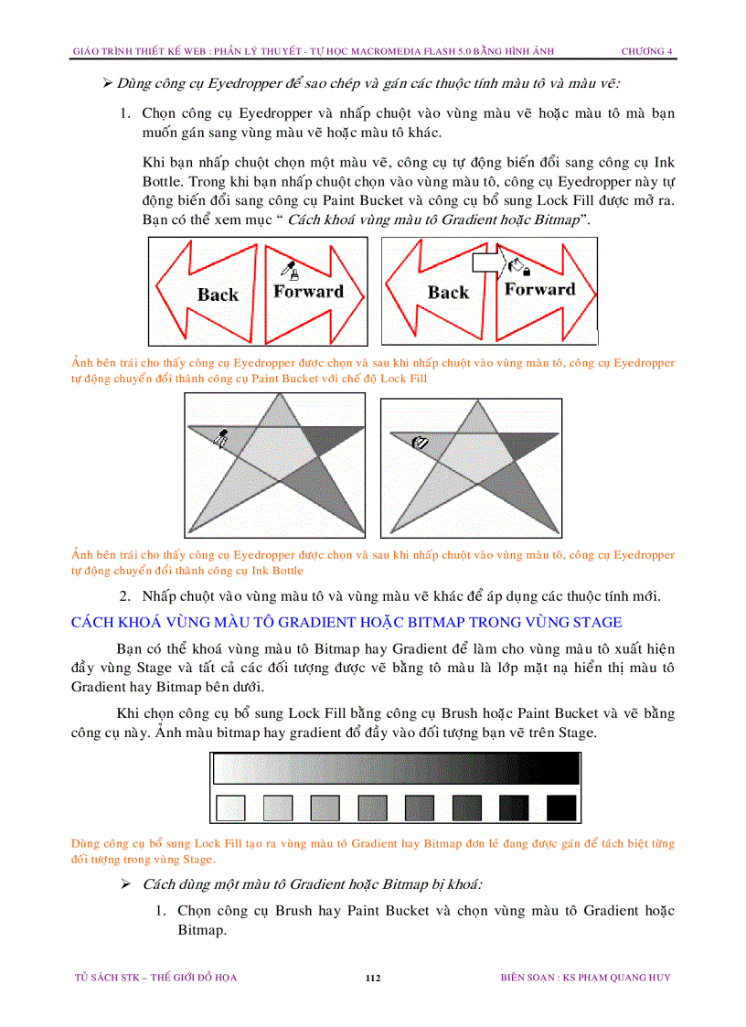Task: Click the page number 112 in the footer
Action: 372,978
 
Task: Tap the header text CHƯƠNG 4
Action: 646,51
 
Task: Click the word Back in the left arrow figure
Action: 218,294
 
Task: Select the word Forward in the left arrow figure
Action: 308,292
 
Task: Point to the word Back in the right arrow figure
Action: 448,293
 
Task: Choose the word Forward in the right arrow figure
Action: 539,290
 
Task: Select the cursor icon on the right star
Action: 421,443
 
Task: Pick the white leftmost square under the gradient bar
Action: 229,808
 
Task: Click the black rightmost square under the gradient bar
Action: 561,808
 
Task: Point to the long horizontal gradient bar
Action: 395,768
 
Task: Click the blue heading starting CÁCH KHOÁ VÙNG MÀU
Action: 346,623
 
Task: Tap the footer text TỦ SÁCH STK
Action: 155,978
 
